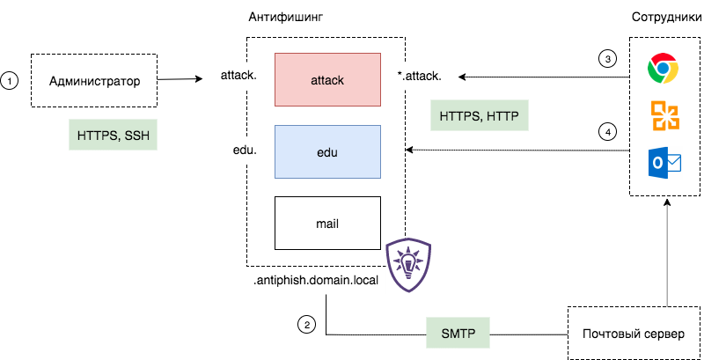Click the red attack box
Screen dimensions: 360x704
pos(327,80)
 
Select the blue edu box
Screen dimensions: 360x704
pos(327,151)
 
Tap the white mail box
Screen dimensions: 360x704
pos(327,223)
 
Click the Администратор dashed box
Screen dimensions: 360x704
pos(94,81)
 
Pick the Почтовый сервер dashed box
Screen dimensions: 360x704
pos(633,334)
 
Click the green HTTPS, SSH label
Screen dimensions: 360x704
pos(113,136)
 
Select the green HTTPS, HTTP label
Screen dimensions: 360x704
pos(480,115)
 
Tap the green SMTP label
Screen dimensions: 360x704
pos(458,334)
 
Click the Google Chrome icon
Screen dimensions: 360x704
pos(663,69)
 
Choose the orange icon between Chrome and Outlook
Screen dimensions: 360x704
pos(664,116)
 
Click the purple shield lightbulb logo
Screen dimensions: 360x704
pos(409,264)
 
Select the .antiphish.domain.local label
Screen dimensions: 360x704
pos(315,282)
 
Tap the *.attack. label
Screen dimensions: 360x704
pos(419,76)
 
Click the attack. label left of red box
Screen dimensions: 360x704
pos(238,75)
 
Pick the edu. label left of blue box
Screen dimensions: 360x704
pos(243,151)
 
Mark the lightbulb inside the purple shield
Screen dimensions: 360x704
pos(409,261)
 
